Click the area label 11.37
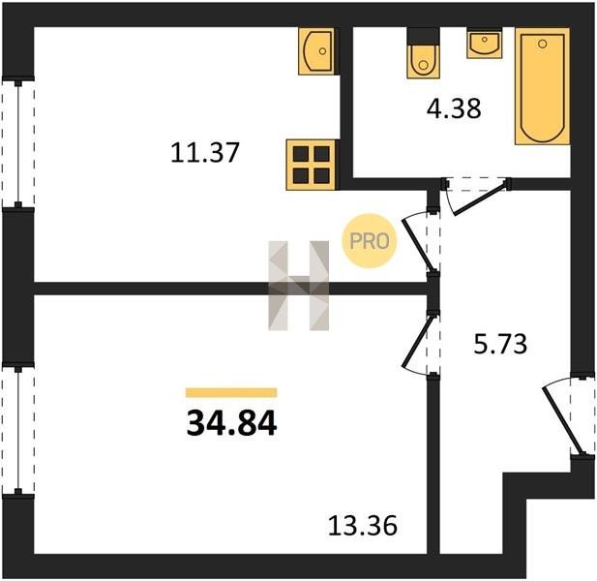pyautogui.click(x=205, y=152)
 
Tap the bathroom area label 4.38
pyautogui.click(x=454, y=108)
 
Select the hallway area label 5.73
pyautogui.click(x=500, y=344)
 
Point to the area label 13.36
pyautogui.click(x=363, y=526)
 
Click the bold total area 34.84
pyautogui.click(x=231, y=424)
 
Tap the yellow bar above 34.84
pyautogui.click(x=231, y=392)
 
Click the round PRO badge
pyautogui.click(x=370, y=241)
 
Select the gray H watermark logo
pyautogui.click(x=298, y=286)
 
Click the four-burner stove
pyautogui.click(x=311, y=165)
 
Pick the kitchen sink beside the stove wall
pyautogui.click(x=316, y=51)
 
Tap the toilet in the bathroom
pyautogui.click(x=423, y=53)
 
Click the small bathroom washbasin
pyautogui.click(x=485, y=43)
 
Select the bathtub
pyautogui.click(x=542, y=86)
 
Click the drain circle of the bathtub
pyautogui.click(x=542, y=44)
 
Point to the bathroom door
pyautogui.click(x=481, y=199)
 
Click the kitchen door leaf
pyautogui.click(x=418, y=244)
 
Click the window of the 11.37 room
pyautogui.click(x=17, y=144)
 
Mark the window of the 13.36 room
pyautogui.click(x=17, y=430)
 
